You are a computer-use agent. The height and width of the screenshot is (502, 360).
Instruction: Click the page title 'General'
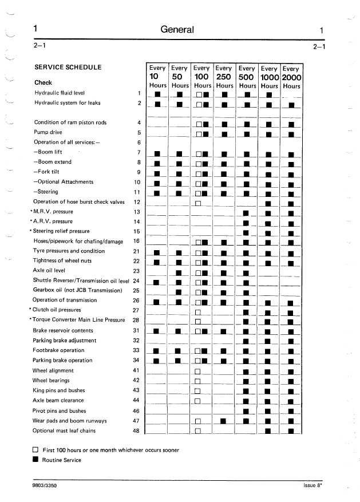pos(177,30)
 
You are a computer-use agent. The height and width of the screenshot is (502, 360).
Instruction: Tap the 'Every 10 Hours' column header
pos(157,77)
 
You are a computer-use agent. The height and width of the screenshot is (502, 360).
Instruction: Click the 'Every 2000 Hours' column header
pos(291,77)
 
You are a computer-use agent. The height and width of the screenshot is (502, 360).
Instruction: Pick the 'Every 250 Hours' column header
pos(224,77)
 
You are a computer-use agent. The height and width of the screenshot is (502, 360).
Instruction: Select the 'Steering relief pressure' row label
pos(62,231)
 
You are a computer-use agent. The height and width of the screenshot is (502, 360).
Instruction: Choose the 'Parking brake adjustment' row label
pos(64,341)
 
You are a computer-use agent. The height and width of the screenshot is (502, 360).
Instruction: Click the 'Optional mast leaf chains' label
pos(64,430)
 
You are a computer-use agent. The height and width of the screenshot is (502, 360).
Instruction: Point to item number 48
pos(136,430)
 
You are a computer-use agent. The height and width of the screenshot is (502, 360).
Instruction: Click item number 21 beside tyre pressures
pos(136,251)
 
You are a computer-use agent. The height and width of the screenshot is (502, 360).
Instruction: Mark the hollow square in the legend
pos(35,450)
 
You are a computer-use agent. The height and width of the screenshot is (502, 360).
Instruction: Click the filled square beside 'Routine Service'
pos(35,460)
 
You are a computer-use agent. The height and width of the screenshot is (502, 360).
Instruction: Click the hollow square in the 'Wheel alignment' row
pos(197,371)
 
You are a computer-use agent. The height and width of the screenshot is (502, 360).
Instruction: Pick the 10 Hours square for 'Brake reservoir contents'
pos(156,331)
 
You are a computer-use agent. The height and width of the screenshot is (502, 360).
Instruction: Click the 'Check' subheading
pos(43,82)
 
